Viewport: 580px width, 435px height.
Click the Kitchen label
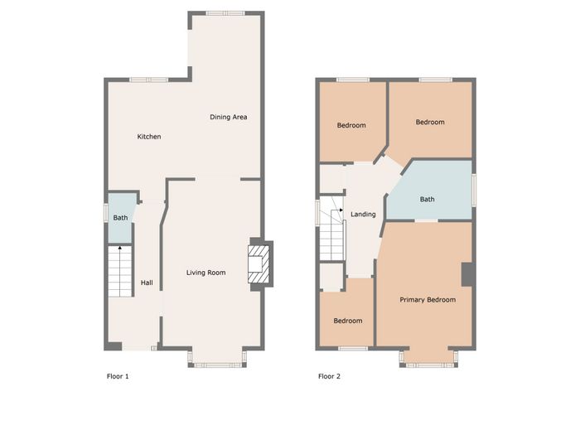149,137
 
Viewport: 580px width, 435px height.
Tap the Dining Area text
228,117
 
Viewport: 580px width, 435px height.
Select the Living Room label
205,273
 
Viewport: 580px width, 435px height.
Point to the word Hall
147,283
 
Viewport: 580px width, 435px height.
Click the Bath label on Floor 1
120,217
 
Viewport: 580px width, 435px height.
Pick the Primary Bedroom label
428,300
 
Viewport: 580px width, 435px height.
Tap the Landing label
363,214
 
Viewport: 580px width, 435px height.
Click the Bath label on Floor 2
427,199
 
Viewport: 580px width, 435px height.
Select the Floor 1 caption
118,376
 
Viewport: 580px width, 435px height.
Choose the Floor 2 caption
329,376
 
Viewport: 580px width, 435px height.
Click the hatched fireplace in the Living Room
259,264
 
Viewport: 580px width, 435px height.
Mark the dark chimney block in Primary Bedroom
467,274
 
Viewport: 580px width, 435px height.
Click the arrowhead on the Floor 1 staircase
120,248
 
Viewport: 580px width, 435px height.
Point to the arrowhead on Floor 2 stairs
341,210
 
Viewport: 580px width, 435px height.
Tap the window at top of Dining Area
225,13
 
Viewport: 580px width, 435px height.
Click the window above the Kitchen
148,80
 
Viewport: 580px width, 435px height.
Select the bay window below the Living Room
217,365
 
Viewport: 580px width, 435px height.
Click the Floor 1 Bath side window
105,214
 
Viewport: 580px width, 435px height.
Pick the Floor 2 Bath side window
474,190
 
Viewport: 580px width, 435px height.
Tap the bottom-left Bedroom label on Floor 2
348,321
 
